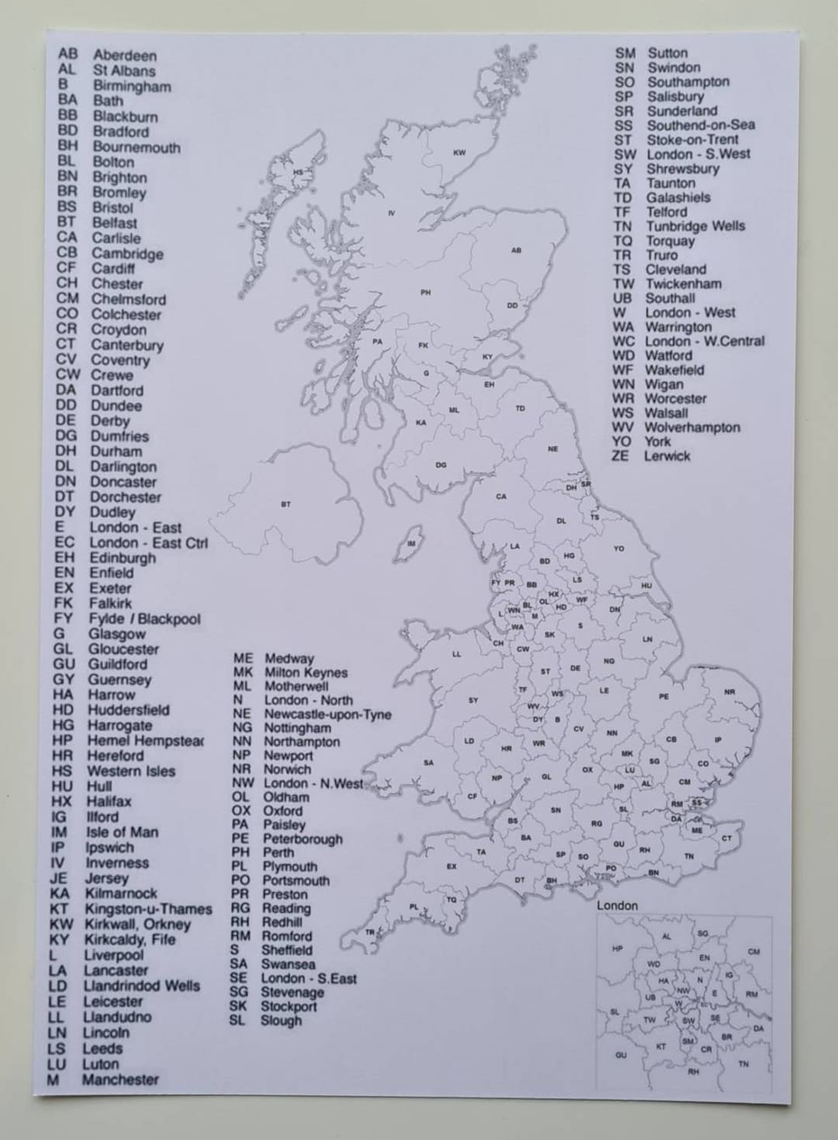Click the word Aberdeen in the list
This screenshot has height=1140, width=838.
point(125,56)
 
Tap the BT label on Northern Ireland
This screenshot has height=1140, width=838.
point(286,504)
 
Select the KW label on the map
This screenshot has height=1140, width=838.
point(459,153)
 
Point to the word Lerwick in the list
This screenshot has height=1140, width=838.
point(667,456)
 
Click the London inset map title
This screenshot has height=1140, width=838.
point(617,906)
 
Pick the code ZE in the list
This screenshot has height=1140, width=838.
point(620,456)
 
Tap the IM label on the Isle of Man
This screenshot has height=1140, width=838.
point(411,544)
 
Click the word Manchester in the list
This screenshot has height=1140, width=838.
point(120,1079)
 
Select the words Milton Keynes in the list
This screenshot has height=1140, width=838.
point(306,673)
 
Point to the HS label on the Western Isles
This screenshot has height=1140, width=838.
point(298,172)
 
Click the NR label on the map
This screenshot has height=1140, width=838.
point(729,691)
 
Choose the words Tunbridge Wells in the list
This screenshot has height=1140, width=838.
point(695,227)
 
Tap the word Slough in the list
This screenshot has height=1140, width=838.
point(281,1020)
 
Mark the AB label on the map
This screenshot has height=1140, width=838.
point(516,251)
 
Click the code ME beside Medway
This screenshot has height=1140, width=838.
point(243,659)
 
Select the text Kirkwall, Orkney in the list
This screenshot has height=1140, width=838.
point(137,924)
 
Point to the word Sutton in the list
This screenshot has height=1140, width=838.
point(667,54)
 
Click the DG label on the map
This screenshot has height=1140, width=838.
point(441,466)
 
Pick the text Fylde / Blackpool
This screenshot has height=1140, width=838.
point(144,619)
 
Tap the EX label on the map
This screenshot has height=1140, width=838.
point(452,866)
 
